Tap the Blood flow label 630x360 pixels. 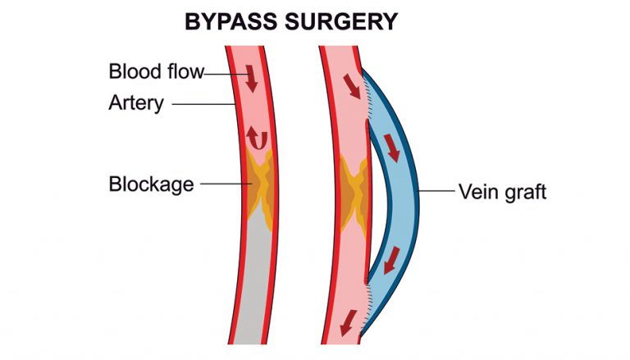coord(155,71)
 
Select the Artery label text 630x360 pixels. coord(136,104)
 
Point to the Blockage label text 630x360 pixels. coord(151,184)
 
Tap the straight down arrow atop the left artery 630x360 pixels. coord(252,79)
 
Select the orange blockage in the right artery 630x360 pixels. coord(354,190)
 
